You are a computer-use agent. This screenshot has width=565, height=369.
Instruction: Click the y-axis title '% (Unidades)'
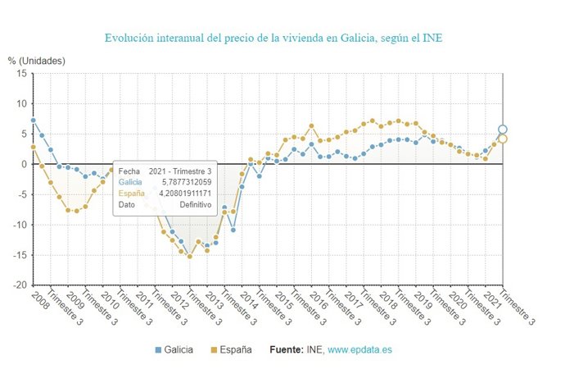pos(36,61)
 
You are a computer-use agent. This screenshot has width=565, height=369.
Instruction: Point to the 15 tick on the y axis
pos(22,73)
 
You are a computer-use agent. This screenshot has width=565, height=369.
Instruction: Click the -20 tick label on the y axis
pos(20,285)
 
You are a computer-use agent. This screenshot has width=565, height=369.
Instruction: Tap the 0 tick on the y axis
pos(25,164)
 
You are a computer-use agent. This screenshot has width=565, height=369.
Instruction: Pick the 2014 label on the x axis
pos(249,296)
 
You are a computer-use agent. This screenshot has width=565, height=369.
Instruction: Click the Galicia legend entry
pos(174,349)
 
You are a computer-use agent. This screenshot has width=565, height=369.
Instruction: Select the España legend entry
pos(234,349)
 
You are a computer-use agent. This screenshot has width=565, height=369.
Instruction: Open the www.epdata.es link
pos(359,349)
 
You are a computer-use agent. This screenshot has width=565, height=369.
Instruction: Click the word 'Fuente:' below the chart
pos(288,349)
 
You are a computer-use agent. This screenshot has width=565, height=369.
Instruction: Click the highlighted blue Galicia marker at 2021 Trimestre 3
pos(503,130)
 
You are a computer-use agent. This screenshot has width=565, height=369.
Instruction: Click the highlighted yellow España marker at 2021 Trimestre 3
pos(503,139)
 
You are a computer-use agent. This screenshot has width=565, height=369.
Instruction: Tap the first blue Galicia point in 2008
pos(33,121)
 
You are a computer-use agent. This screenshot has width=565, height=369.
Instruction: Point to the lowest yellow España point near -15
pos(190,257)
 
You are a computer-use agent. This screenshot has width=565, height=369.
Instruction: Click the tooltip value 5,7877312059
pos(185,182)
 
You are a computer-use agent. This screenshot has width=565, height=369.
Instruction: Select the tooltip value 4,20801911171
pos(185,194)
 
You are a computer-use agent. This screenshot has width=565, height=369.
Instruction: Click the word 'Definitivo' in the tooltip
pos(196,205)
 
